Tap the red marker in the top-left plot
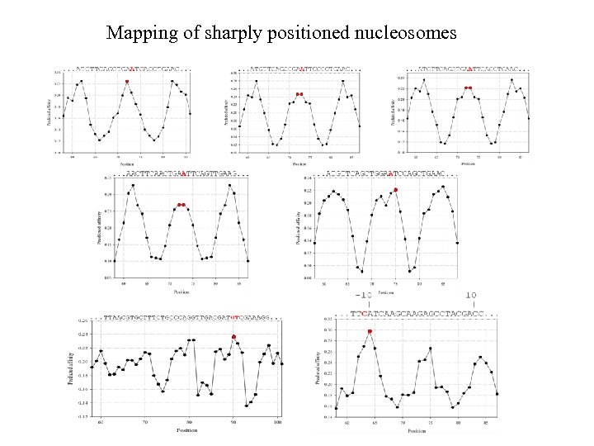pos(127,81)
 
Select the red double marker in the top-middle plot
pos(300,94)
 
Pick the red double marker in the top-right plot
pos(468,88)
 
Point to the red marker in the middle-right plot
pos(396,190)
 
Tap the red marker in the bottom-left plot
pos(234,337)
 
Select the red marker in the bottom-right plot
pos(370,331)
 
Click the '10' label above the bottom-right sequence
pos(471,295)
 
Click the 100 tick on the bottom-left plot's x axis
pos(277,423)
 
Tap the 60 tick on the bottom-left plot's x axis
pos(101,423)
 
